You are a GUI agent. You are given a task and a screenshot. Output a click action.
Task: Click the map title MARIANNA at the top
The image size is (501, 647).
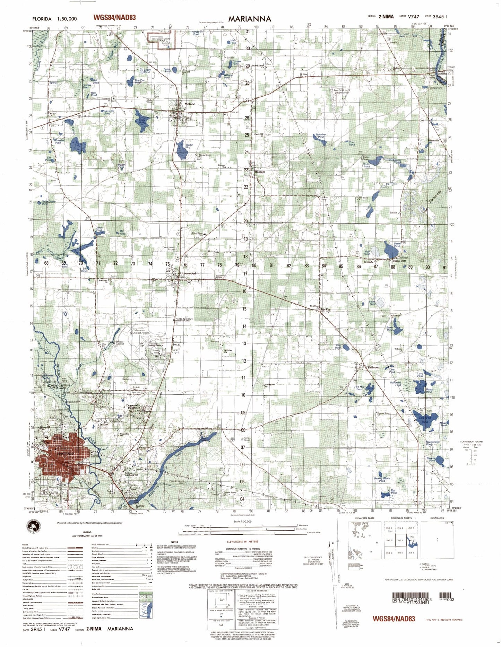249,19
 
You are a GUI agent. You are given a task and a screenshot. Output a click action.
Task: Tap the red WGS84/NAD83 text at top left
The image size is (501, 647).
114,18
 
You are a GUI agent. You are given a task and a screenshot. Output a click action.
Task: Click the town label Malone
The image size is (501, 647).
190,104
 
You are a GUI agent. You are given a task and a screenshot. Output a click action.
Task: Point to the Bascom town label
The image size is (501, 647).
260,172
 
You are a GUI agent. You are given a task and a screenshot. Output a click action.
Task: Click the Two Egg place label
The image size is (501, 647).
325,309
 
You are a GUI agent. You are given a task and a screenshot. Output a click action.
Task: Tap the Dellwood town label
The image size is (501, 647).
373,367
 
